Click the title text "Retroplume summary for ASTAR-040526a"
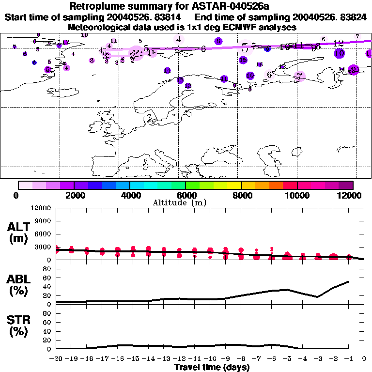click(x=186, y=7)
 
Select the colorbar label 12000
click(x=350, y=195)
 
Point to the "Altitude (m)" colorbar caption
click(x=186, y=202)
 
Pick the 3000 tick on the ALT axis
click(x=43, y=247)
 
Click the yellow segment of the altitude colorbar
click(x=234, y=185)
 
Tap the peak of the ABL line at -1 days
click(x=349, y=281)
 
